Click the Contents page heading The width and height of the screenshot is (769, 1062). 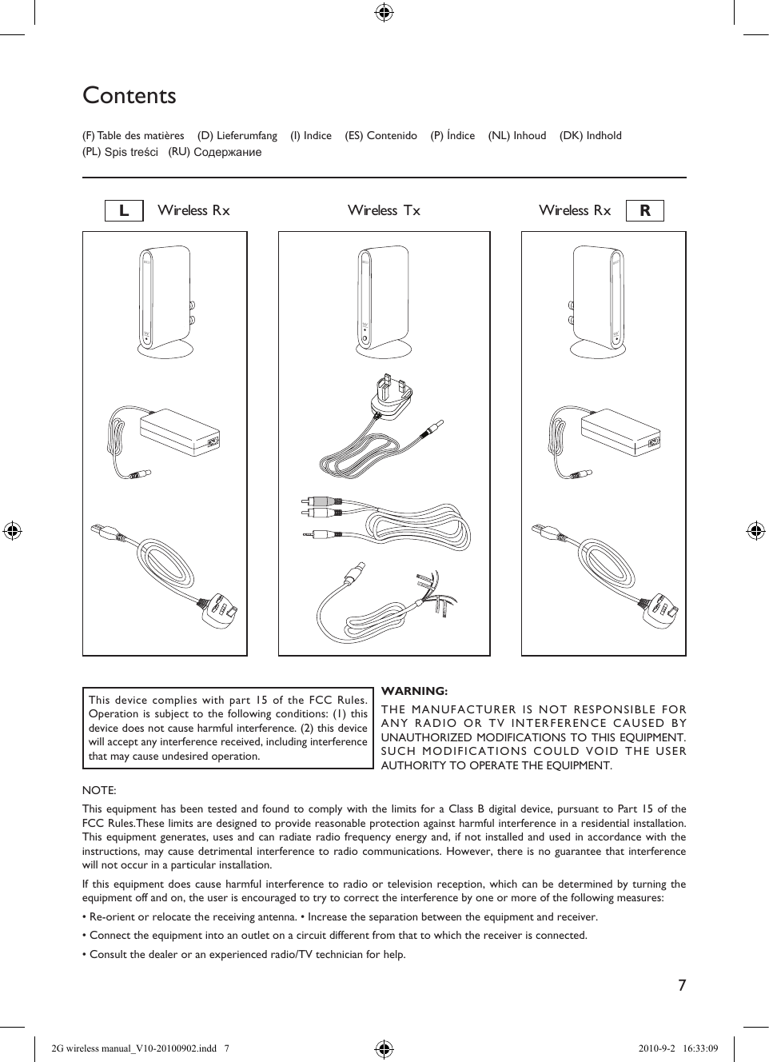click(129, 96)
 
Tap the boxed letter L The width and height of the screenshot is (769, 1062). click(124, 211)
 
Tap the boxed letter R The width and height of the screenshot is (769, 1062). click(645, 211)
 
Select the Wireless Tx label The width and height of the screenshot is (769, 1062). click(384, 210)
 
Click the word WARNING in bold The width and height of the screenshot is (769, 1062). click(414, 691)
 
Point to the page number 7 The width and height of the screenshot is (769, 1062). click(682, 985)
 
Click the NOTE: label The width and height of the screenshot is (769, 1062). click(99, 790)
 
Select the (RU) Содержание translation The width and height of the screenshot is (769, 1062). click(214, 152)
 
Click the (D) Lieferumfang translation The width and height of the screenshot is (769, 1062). click(237, 136)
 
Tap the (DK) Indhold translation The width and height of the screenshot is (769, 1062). click(590, 136)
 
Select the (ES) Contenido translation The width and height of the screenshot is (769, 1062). click(381, 136)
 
